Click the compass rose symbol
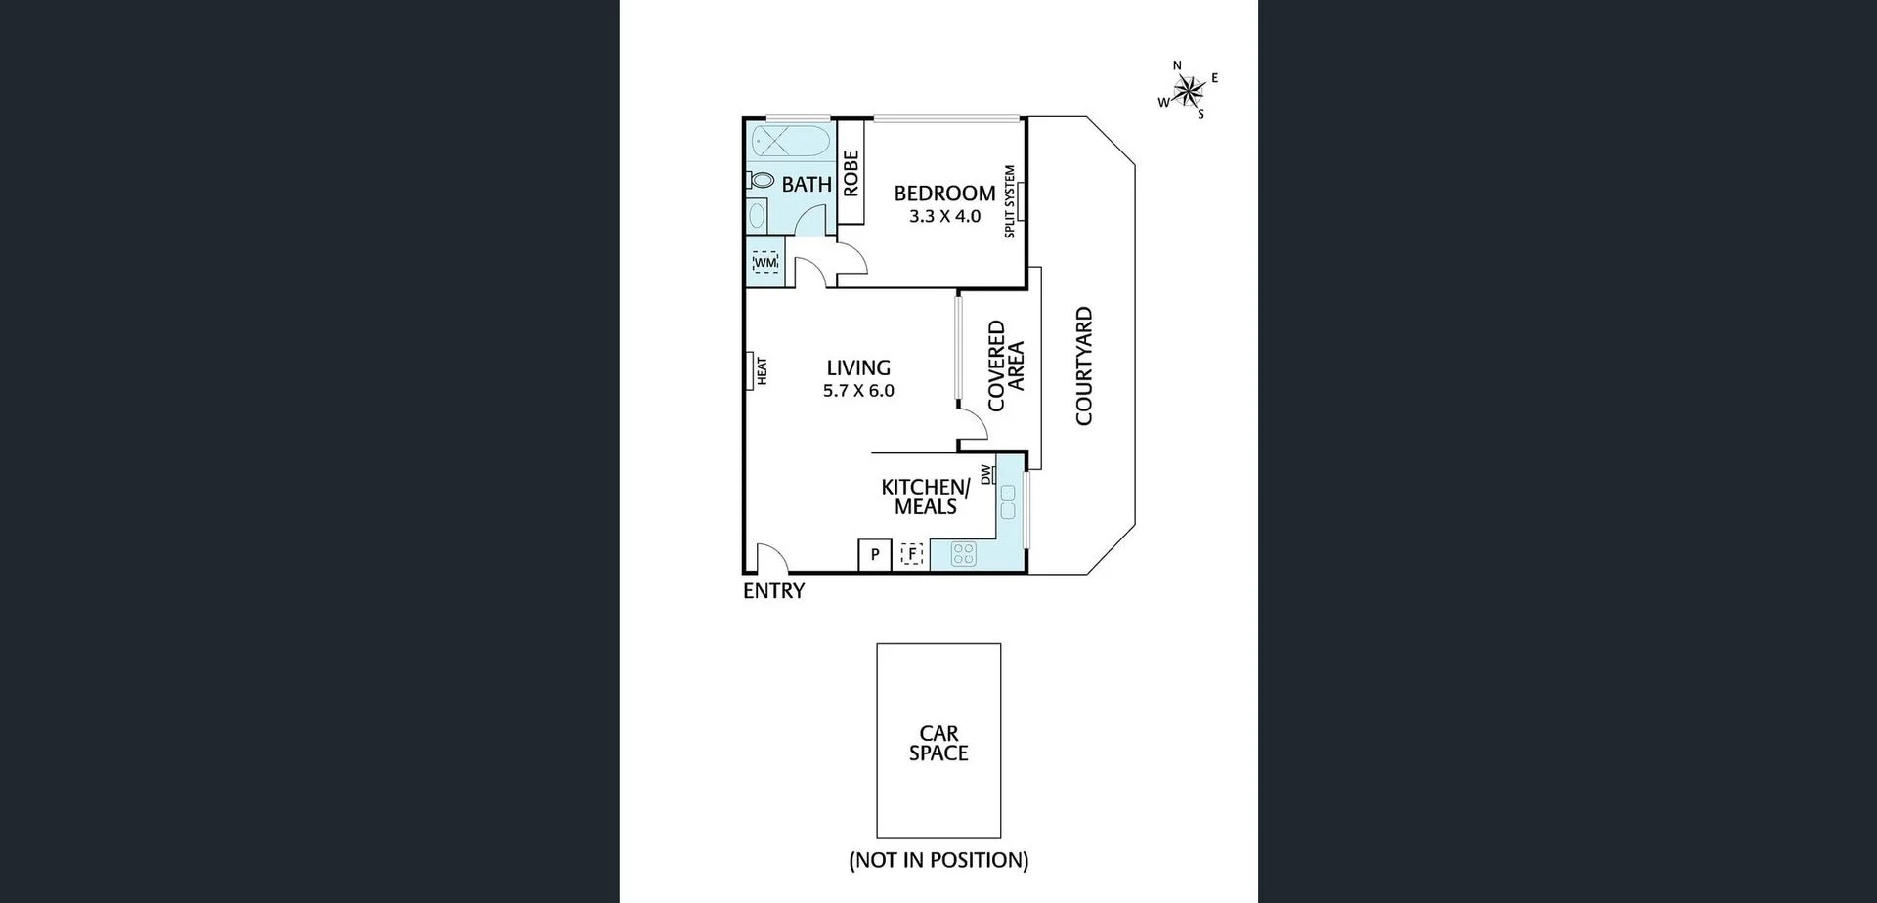1188,91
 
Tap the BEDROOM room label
944,193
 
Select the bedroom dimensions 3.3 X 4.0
944,217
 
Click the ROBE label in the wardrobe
851,173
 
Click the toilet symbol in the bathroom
762,181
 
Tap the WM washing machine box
765,263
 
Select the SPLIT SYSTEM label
1010,201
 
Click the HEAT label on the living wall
762,371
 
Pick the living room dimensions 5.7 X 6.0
858,391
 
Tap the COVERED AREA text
1006,365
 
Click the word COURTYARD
1084,366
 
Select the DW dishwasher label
986,474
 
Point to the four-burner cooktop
963,554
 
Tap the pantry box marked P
875,555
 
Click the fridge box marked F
912,555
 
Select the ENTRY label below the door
773,591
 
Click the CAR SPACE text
938,743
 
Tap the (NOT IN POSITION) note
938,860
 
